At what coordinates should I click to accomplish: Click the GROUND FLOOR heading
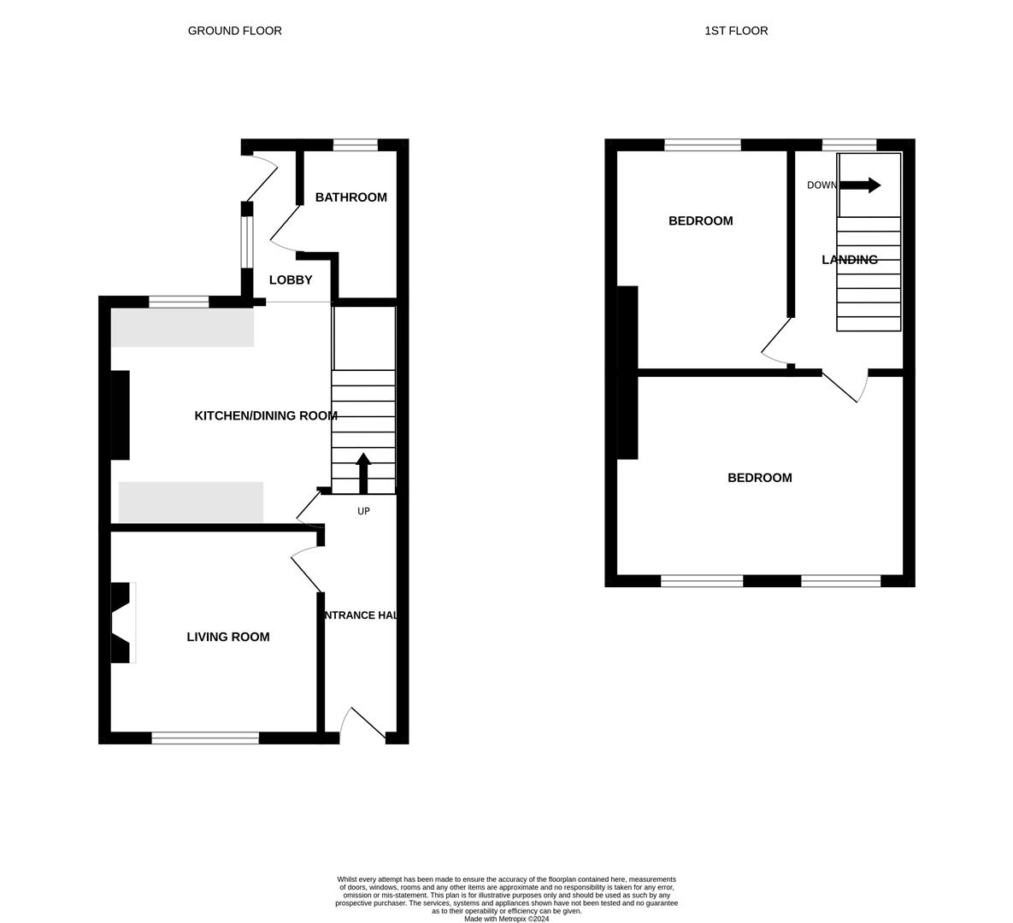(234, 31)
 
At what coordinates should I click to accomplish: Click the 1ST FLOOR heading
(735, 31)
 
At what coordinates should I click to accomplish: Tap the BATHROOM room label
(350, 197)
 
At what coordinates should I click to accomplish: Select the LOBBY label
(291, 280)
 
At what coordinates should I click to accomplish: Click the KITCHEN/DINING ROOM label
(266, 416)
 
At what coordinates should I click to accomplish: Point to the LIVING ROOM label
(228, 637)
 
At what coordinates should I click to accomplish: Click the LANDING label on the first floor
(849, 260)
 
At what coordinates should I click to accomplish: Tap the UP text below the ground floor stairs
(363, 511)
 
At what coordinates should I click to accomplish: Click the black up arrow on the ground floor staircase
(363, 472)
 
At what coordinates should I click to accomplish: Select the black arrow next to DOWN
(860, 185)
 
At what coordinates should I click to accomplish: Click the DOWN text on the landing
(822, 185)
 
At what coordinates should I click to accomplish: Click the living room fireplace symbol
(121, 622)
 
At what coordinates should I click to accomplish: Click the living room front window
(205, 738)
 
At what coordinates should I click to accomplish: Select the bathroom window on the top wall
(355, 144)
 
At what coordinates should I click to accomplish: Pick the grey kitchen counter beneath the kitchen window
(182, 327)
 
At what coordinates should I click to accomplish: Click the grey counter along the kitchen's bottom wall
(191, 503)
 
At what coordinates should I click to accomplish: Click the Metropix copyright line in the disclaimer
(506, 919)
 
